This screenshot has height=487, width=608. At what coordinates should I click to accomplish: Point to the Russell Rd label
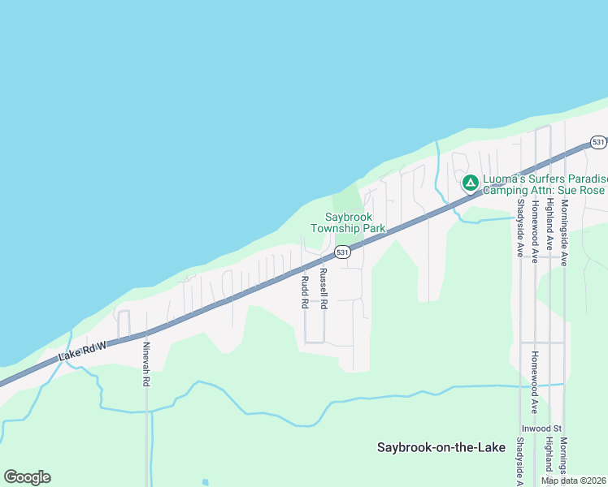[323, 289]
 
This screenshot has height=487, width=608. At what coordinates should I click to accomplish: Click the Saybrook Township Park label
[355, 222]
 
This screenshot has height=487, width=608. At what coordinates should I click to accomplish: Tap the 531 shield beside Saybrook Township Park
[343, 252]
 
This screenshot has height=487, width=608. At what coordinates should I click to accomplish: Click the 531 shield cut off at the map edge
[599, 142]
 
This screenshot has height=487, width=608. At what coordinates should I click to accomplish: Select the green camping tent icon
[470, 183]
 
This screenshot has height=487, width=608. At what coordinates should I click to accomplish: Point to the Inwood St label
[541, 428]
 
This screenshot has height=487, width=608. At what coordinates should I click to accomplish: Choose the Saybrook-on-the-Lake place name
[439, 447]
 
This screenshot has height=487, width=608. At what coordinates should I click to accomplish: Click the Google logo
[27, 477]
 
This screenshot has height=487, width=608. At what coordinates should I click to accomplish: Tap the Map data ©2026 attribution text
[573, 481]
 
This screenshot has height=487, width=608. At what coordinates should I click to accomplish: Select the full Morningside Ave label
[563, 231]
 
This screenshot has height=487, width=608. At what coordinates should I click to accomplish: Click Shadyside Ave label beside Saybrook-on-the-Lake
[519, 463]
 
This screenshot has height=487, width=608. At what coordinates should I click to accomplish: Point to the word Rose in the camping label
[592, 190]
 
